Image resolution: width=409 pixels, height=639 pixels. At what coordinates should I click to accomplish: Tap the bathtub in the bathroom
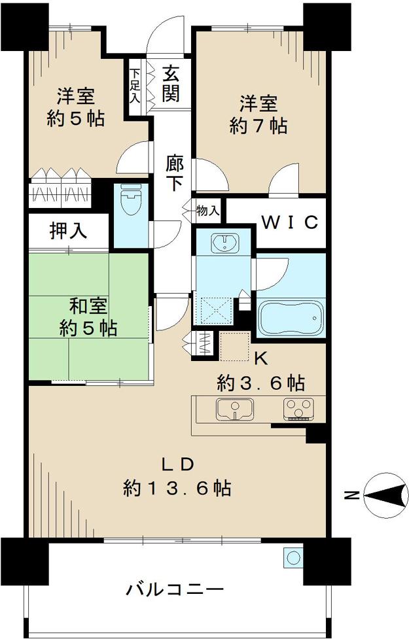pyautogui.click(x=291, y=318)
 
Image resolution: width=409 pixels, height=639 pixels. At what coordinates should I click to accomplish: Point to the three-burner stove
pyautogui.click(x=298, y=409)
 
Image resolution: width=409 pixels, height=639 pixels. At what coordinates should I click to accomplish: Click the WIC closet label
pyautogui.click(x=290, y=222)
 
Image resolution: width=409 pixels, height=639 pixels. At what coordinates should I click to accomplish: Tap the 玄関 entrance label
pyautogui.click(x=171, y=83)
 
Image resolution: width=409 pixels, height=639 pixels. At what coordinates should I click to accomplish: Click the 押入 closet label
pyautogui.click(x=67, y=231)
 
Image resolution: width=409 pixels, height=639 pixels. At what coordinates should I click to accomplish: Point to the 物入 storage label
pyautogui.click(x=207, y=211)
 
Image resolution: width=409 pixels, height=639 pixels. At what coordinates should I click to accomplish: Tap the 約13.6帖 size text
pyautogui.click(x=177, y=488)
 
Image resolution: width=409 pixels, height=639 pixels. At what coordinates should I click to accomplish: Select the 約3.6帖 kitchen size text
pyautogui.click(x=262, y=382)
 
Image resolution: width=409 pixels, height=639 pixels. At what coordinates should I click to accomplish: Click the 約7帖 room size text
pyautogui.click(x=258, y=125)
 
